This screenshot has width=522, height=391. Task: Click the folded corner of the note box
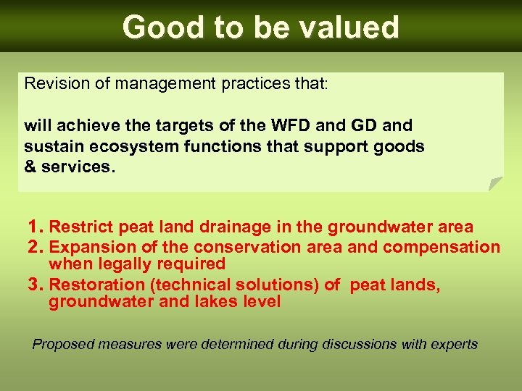coord(495,184)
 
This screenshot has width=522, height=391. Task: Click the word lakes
coord(219,302)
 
